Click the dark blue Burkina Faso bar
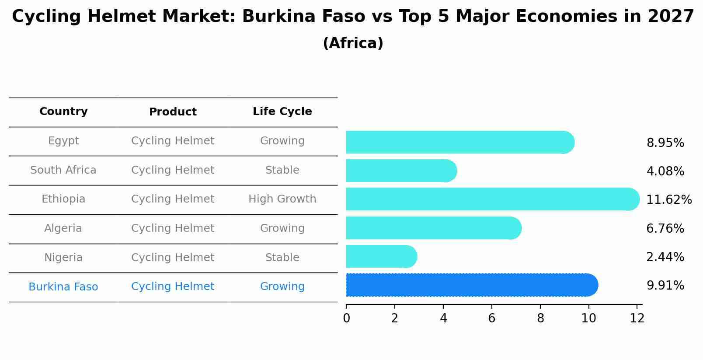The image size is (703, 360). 471,285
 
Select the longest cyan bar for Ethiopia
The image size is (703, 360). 492,199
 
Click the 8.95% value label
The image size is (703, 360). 665,143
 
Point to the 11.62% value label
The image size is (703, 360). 668,200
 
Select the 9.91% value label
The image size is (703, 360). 665,286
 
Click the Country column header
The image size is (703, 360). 63,112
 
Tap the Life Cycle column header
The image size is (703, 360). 282,112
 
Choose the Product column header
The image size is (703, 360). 173,112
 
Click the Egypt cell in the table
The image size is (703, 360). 63,141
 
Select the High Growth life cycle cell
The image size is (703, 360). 282,199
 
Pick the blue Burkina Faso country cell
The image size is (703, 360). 63,287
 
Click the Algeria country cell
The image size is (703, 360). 63,228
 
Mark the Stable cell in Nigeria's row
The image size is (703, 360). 282,258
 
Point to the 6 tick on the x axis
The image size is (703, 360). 492,318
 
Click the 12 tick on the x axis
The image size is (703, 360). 637,318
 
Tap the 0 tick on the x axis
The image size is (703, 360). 346,318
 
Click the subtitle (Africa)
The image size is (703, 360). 353,43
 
